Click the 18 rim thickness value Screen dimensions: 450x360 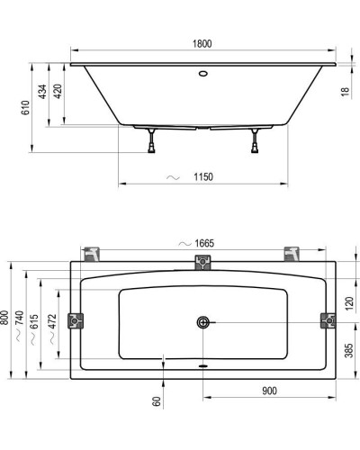point(346,91)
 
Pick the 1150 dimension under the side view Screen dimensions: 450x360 point(202,176)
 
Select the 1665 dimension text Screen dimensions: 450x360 point(202,244)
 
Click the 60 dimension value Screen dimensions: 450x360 point(156,404)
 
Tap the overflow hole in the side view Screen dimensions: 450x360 point(202,75)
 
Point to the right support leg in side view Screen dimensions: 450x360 point(259,139)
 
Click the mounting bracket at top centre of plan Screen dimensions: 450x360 point(203,263)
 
